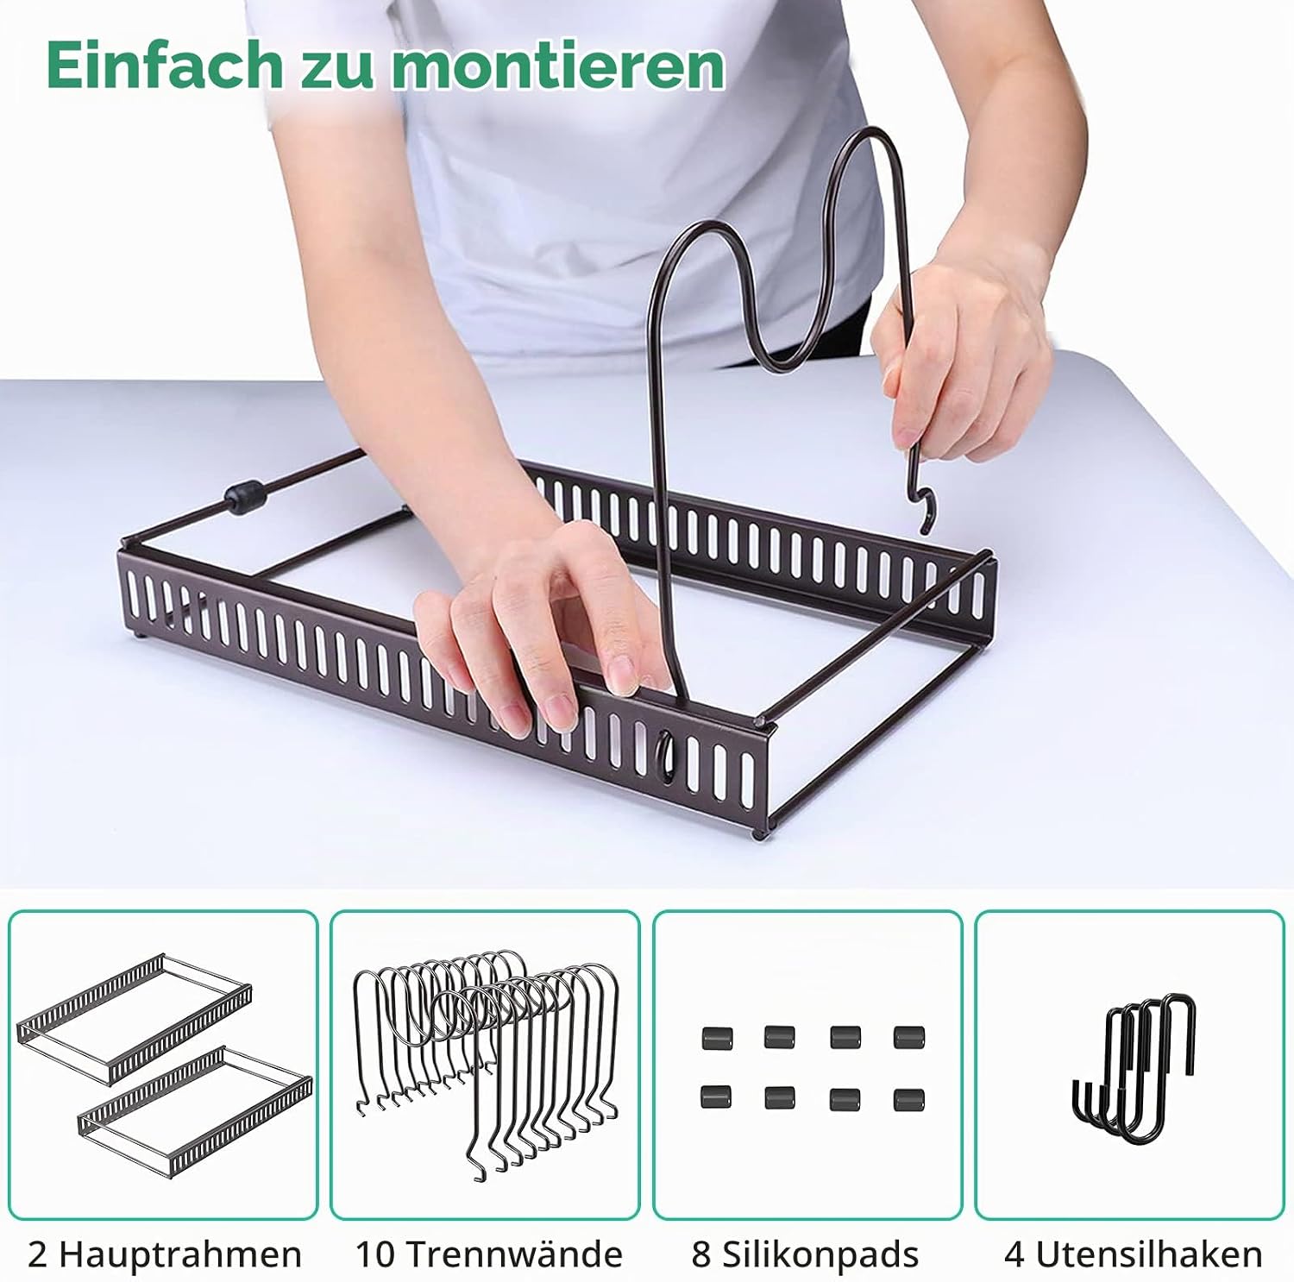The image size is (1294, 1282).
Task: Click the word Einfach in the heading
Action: pyautogui.click(x=163, y=64)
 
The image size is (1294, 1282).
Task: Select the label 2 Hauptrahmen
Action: pyautogui.click(x=165, y=1254)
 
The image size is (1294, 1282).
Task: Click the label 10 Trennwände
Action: pyautogui.click(x=488, y=1254)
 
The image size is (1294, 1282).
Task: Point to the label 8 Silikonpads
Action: pyautogui.click(x=805, y=1254)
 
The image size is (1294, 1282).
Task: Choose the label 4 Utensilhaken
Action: pyautogui.click(x=1133, y=1254)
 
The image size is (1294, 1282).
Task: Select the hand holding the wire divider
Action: pyautogui.click(x=958, y=362)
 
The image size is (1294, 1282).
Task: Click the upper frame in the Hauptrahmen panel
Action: pyautogui.click(x=135, y=1018)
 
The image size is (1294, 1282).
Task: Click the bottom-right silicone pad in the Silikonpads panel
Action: pyautogui.click(x=909, y=1100)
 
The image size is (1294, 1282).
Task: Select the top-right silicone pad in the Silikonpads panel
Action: pyautogui.click(x=909, y=1036)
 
